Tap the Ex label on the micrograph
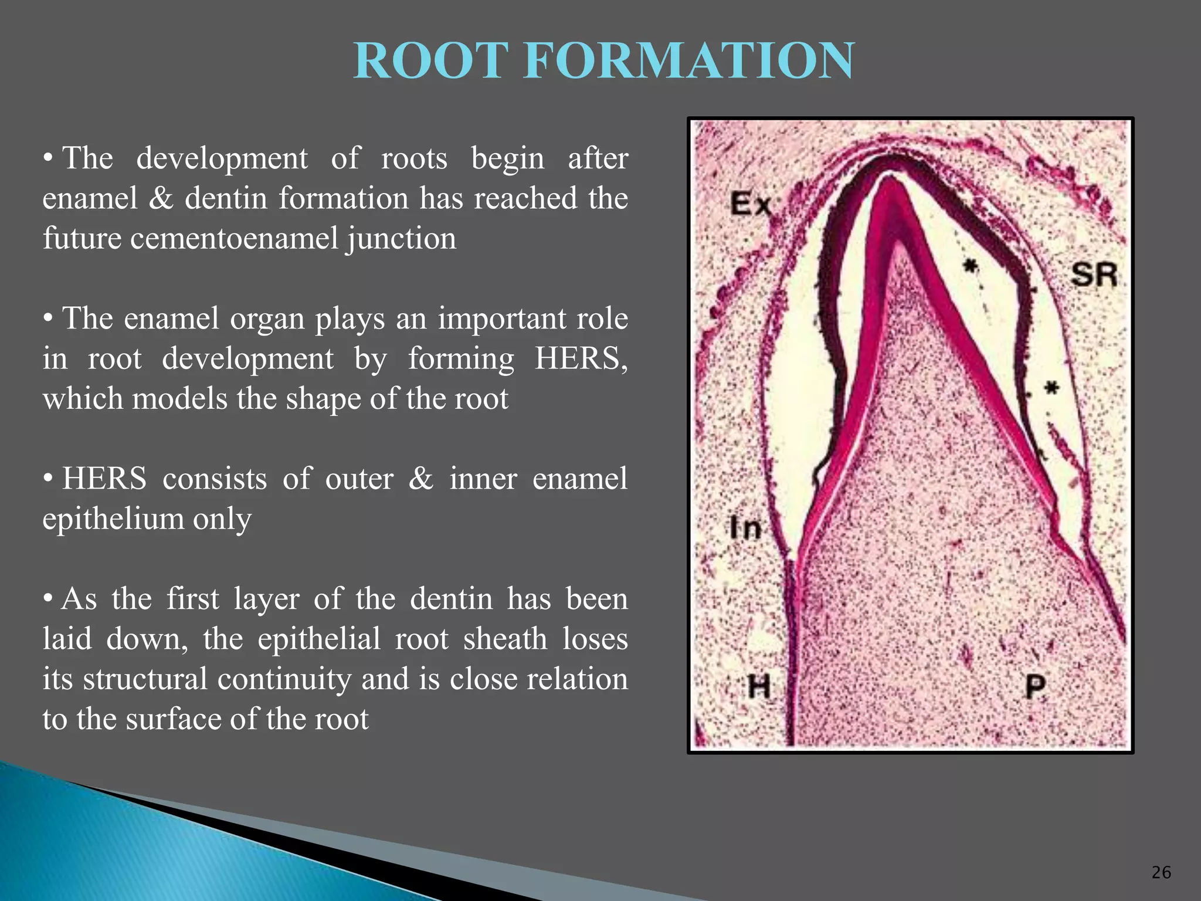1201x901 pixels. [x=750, y=204]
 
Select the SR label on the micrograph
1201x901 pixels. [x=1094, y=275]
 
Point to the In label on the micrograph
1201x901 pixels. [x=745, y=527]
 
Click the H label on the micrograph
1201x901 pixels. [x=759, y=686]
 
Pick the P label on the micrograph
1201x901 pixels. [x=1036, y=686]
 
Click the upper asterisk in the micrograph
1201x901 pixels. [x=971, y=267]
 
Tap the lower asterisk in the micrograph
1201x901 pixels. [x=1052, y=388]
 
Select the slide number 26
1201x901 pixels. [x=1161, y=872]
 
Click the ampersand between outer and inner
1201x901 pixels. [x=420, y=479]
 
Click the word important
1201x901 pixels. [x=502, y=319]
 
